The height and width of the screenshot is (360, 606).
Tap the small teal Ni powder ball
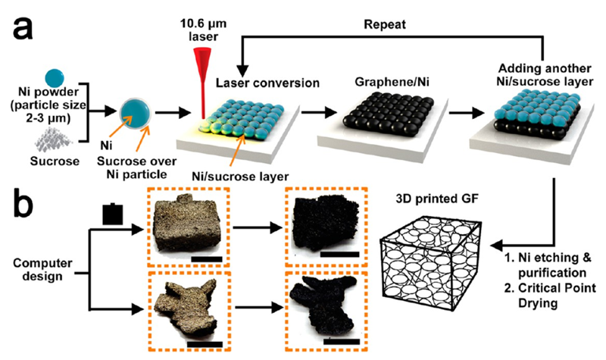[55, 77]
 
